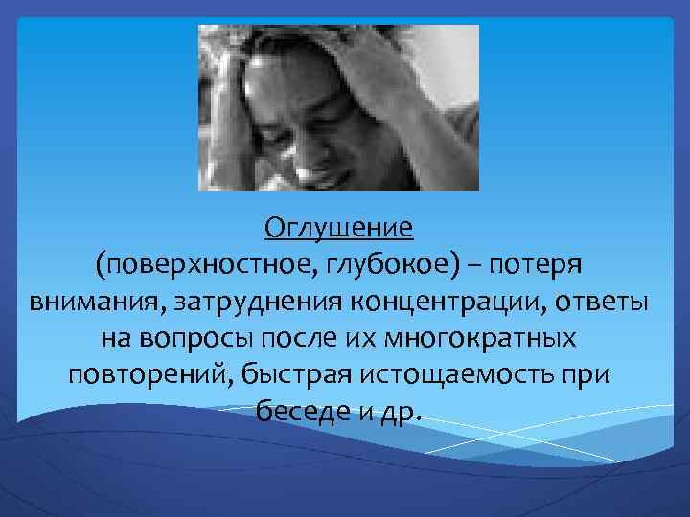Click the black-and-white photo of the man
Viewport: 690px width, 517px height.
click(338, 107)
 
